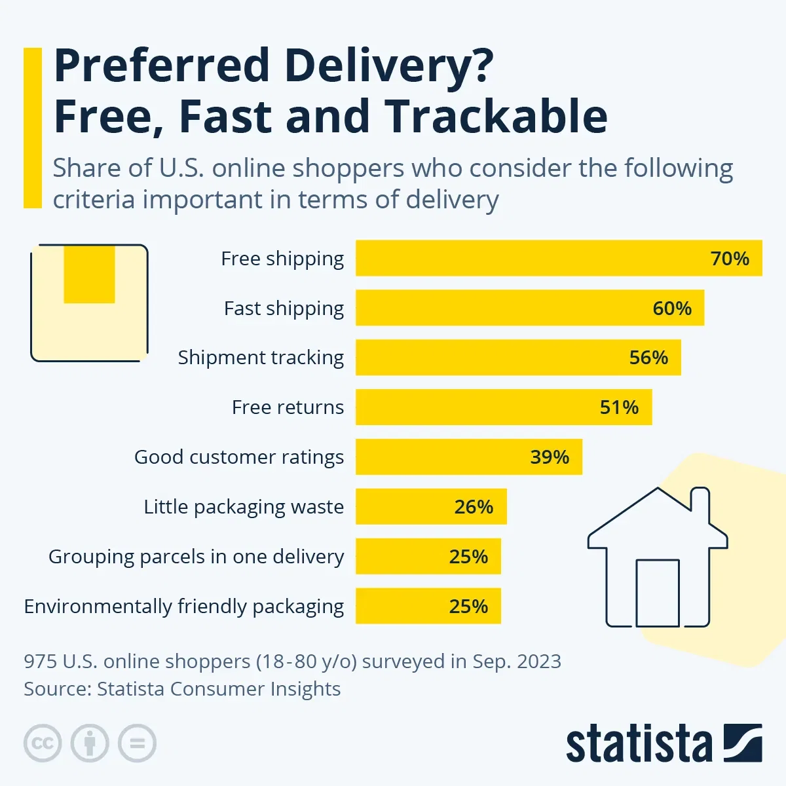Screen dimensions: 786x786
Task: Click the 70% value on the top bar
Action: point(730,259)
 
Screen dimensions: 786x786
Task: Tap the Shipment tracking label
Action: point(261,358)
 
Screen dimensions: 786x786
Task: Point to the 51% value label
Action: point(619,407)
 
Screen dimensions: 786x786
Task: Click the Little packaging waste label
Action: point(244,507)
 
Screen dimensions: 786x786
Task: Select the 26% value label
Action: point(474,507)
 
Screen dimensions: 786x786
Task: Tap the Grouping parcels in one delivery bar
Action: point(406,557)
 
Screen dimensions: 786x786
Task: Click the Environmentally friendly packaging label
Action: point(183,607)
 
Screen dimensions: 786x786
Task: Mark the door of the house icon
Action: point(658,593)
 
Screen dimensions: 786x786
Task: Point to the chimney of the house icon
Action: point(700,504)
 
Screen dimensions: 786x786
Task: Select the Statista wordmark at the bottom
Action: point(639,745)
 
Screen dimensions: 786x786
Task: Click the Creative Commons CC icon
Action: point(43,743)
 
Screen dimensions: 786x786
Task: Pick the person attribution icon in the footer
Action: point(90,743)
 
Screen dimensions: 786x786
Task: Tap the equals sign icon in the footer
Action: point(137,743)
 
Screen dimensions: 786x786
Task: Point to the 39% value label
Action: point(550,457)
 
